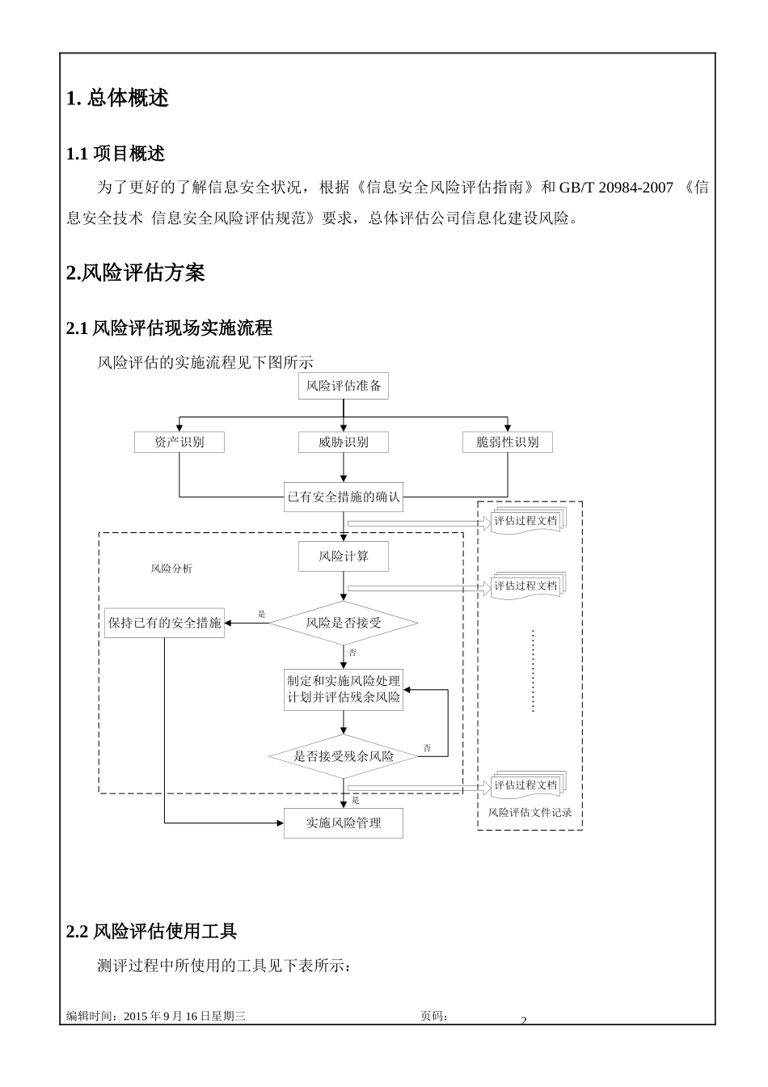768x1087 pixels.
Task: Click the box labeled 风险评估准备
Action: [343, 386]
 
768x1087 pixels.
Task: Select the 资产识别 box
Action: [179, 442]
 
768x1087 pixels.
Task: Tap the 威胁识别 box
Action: [343, 442]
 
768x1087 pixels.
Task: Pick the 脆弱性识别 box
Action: [507, 442]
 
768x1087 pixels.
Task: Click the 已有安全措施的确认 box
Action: [343, 497]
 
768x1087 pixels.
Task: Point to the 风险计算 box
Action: [343, 556]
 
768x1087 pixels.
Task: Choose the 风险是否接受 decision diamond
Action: [343, 623]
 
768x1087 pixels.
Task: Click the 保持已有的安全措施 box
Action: [164, 623]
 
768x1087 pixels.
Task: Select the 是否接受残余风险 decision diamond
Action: [343, 756]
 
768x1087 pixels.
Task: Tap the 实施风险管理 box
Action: [343, 823]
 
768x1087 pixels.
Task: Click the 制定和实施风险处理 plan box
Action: [343, 689]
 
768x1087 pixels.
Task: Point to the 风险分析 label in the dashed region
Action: [171, 569]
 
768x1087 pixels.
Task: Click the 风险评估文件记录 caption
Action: [530, 812]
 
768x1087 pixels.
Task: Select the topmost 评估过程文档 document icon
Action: [526, 520]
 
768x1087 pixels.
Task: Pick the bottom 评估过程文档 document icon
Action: [526, 785]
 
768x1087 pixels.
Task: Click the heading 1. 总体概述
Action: [117, 98]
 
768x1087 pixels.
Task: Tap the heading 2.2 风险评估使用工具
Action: [151, 932]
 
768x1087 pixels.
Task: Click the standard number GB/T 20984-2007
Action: [616, 188]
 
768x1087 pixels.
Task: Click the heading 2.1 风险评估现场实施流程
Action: [169, 328]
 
